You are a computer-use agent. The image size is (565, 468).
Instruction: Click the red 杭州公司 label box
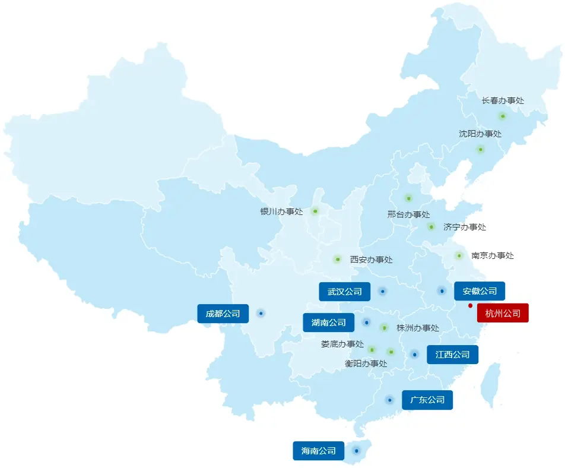[503, 313]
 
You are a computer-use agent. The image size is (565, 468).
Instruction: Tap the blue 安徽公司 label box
[480, 291]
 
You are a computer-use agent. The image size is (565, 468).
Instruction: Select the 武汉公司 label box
[344, 292]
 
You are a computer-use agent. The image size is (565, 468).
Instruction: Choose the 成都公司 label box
[223, 314]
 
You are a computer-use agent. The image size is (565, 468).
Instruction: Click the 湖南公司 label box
[328, 322]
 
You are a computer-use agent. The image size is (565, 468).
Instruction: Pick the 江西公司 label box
[452, 355]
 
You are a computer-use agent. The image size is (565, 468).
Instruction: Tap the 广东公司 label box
[427, 400]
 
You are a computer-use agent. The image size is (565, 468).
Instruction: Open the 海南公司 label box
[318, 451]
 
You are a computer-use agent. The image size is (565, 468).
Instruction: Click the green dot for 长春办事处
[503, 116]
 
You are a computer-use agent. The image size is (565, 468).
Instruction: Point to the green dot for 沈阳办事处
[480, 149]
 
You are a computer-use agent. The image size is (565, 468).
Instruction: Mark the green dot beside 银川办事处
[315, 211]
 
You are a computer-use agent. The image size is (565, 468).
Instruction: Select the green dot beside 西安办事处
[337, 259]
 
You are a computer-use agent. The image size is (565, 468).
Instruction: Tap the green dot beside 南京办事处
[459, 255]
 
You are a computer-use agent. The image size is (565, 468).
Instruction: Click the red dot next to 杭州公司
[470, 306]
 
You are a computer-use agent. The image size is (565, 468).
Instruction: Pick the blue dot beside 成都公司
[261, 313]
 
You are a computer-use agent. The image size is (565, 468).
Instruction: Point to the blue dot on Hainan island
[356, 450]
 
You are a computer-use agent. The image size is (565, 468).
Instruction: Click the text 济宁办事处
[465, 227]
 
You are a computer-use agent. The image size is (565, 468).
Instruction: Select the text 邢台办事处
[408, 214]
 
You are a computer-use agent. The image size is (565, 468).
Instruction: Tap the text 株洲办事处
[418, 328]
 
